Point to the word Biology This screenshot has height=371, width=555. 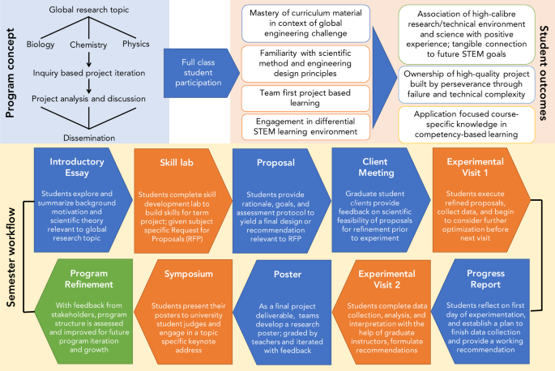pyautogui.click(x=41, y=44)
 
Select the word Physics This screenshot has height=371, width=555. pyautogui.click(x=135, y=44)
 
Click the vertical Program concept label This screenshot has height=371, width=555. pyautogui.click(x=11, y=61)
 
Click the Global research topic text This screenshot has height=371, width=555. pyautogui.click(x=88, y=11)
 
